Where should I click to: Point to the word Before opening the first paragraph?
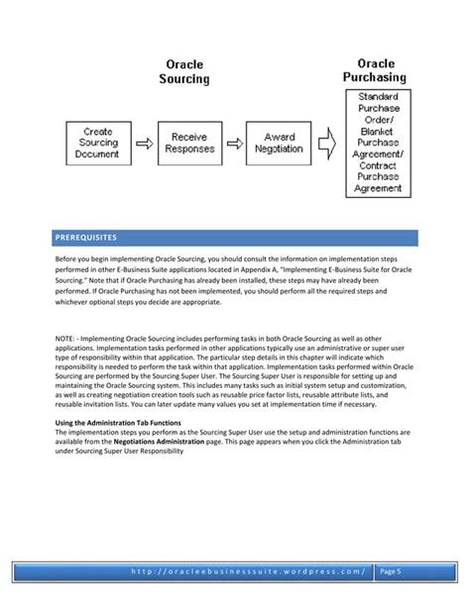68,258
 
